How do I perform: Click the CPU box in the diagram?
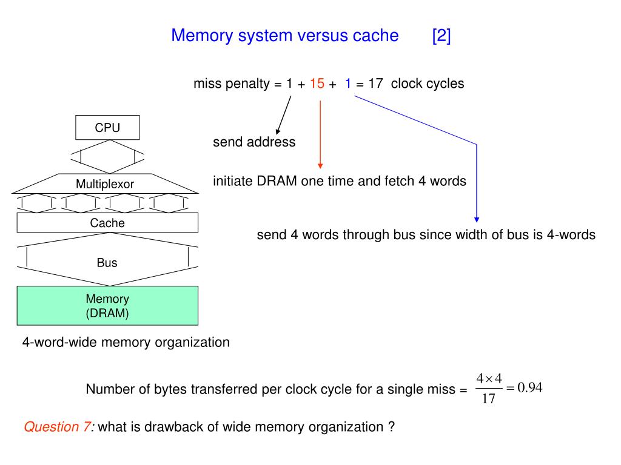107,128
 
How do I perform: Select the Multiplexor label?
105,184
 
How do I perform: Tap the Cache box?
107,223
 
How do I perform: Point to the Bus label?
107,263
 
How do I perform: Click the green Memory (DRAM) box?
107,306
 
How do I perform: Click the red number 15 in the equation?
317,84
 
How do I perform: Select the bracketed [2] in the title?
441,36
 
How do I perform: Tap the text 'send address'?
254,142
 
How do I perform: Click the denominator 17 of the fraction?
489,400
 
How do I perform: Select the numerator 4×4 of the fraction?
489,379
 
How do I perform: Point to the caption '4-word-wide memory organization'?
126,342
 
